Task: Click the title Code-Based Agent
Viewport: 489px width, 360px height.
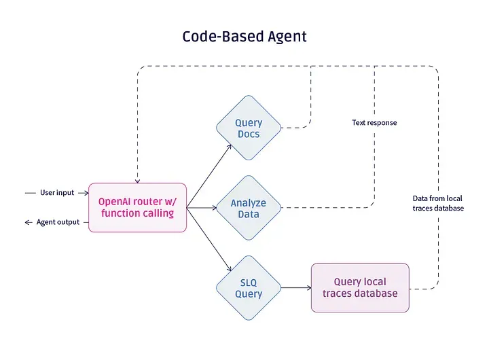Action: [x=244, y=37]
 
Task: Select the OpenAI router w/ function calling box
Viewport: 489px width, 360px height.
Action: [x=137, y=207]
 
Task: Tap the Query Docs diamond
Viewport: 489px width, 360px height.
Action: [x=249, y=128]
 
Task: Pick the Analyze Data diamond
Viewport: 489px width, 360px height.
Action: [x=249, y=208]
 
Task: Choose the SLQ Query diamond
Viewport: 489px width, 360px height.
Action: [x=249, y=287]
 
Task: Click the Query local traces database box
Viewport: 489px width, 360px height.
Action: [x=360, y=287]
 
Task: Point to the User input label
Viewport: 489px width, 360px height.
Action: [x=57, y=192]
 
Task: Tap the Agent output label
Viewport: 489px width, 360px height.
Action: [x=58, y=222]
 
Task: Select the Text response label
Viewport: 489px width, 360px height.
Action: [x=374, y=122]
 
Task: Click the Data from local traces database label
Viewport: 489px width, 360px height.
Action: [x=438, y=203]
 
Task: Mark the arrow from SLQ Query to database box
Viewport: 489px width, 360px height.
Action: [x=296, y=287]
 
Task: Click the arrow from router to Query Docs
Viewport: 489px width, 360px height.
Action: [x=209, y=176]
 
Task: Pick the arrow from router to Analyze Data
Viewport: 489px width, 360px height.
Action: [x=202, y=208]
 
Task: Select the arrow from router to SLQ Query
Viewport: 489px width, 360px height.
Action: [x=209, y=239]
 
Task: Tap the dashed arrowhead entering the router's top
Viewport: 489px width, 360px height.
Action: [x=137, y=181]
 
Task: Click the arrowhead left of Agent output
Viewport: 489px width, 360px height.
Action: [x=28, y=222]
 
